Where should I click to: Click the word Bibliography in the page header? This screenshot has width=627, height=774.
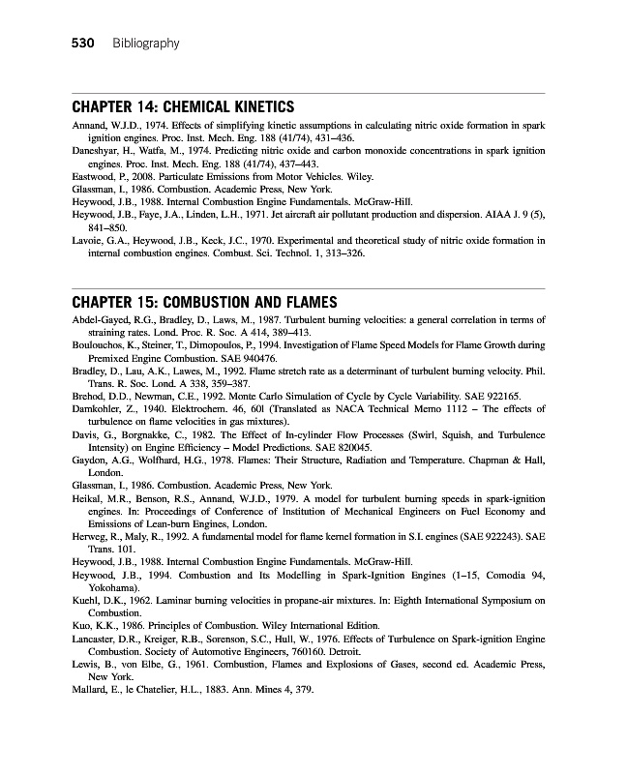click(145, 44)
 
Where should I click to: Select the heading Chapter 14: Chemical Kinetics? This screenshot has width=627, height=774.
click(184, 106)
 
